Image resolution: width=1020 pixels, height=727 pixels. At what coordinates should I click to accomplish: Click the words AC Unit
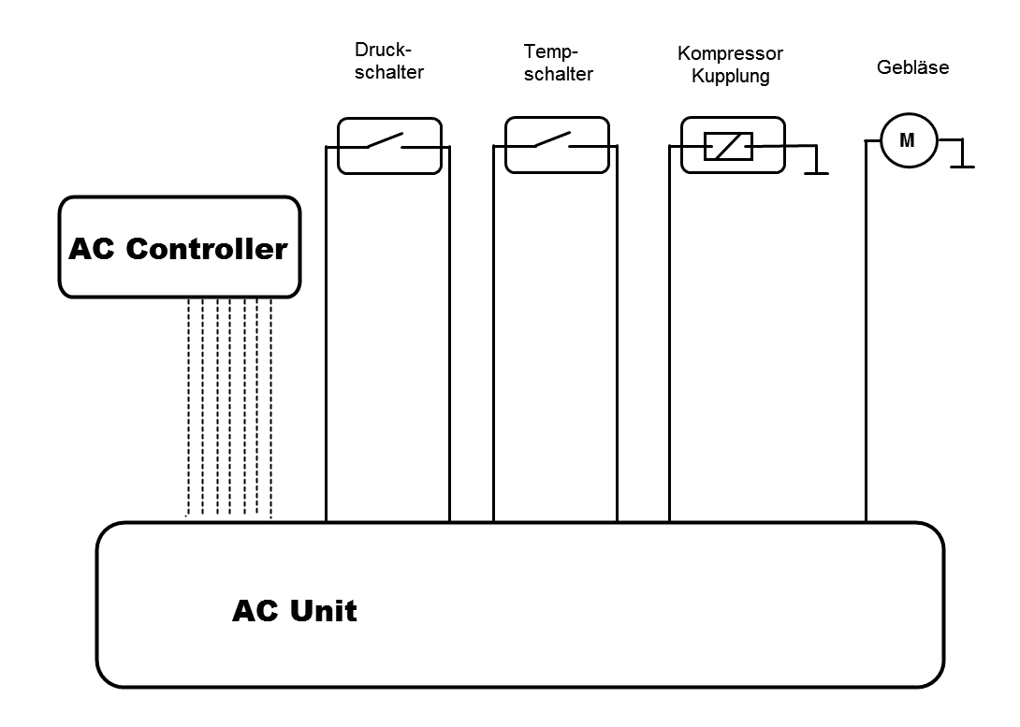(x=294, y=611)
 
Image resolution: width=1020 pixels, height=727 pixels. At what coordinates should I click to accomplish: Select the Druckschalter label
(x=389, y=60)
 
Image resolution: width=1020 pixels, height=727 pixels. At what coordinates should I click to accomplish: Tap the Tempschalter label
(x=558, y=63)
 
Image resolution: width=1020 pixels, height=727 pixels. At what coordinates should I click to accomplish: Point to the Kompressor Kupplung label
(x=730, y=65)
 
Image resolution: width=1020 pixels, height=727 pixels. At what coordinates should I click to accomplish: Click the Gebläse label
(x=912, y=67)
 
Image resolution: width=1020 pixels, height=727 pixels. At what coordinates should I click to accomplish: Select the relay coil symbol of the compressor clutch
(x=728, y=146)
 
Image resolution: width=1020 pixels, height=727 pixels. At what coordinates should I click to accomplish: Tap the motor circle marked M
(x=907, y=141)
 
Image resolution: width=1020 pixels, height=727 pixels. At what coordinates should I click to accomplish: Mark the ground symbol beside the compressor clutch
(x=817, y=170)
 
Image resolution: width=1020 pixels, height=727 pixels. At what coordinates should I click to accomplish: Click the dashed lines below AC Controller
(x=229, y=407)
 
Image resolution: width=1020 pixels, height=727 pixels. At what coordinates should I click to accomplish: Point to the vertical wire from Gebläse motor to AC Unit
(x=866, y=374)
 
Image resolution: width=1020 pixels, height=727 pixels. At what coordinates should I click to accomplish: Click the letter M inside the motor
(x=907, y=141)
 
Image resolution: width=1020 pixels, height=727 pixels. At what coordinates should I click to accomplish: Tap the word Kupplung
(x=730, y=76)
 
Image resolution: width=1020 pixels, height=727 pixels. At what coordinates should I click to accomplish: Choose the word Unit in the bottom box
(x=323, y=611)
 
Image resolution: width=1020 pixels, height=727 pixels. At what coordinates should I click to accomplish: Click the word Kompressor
(x=730, y=53)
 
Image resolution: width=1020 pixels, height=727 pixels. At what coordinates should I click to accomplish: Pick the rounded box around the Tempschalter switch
(x=557, y=165)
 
